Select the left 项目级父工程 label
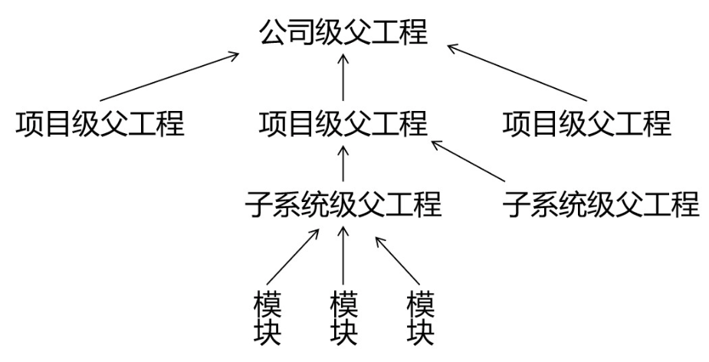[x=100, y=122]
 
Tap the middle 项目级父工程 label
[x=343, y=122]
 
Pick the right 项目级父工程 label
[x=587, y=122]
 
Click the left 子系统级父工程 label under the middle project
[x=343, y=204]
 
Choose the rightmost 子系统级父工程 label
[x=602, y=204]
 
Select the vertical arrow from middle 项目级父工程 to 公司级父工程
[x=343, y=77]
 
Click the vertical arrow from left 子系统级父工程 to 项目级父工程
[x=343, y=163]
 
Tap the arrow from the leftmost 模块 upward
[x=293, y=259]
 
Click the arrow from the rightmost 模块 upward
[x=395, y=259]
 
